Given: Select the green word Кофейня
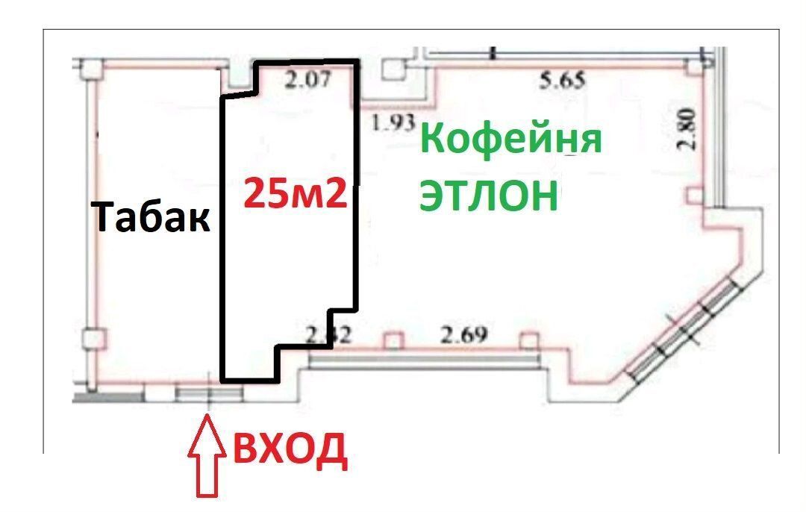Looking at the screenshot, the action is coord(511,140).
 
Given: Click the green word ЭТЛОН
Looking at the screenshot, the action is coord(489,196).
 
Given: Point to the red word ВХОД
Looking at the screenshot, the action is coord(291,449).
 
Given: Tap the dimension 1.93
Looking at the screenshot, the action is coord(393,125).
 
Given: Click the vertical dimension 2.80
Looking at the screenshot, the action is coord(687,129).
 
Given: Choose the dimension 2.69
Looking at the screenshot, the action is coord(463,336).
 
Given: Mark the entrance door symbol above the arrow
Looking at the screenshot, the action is coord(209,393).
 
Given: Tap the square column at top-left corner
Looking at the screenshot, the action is coord(91,69).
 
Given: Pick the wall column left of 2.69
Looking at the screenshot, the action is coord(393,341).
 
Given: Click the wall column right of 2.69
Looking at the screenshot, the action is coord(528,342).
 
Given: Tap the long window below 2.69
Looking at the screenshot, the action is coord(423,360).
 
